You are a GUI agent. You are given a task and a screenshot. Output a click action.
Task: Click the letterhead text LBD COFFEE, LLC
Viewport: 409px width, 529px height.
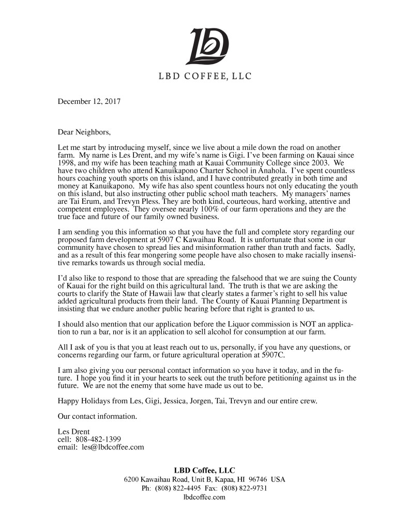point(205,77)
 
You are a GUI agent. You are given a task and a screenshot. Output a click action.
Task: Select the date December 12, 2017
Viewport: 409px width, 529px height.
point(89,101)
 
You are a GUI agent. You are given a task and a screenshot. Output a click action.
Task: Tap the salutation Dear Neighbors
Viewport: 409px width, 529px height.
point(84,132)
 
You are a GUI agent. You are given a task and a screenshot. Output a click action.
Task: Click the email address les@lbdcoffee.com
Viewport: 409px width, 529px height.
point(113,447)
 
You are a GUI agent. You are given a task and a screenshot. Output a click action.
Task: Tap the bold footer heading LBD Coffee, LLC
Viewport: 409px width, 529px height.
point(204,470)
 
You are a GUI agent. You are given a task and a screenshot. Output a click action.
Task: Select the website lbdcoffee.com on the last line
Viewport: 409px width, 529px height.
point(204,497)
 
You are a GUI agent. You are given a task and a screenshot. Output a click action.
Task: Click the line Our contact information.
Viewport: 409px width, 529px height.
point(90,416)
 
